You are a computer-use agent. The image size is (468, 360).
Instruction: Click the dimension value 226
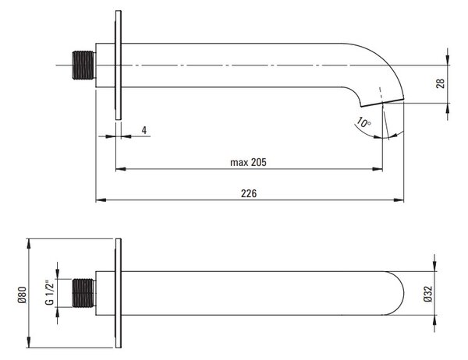(249, 193)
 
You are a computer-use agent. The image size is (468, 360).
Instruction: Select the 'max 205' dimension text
(248, 162)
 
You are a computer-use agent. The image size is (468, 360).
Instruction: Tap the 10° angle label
(363, 122)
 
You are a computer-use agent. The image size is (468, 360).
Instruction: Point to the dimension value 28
(440, 83)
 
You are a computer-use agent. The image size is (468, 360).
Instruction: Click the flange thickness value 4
(144, 130)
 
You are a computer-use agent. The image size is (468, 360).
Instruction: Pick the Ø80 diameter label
(23, 295)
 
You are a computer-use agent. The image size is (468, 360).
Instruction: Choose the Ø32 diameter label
(428, 294)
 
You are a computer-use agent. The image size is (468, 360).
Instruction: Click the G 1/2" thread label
(50, 292)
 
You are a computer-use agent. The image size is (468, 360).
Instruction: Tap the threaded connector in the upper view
(83, 65)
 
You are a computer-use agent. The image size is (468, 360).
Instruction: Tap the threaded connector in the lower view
(83, 293)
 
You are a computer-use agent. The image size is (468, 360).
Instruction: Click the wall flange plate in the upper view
(119, 65)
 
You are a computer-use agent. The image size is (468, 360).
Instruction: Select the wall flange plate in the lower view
(119, 293)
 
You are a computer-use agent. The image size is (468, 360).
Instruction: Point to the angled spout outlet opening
(382, 102)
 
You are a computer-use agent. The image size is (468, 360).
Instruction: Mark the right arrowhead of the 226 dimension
(399, 199)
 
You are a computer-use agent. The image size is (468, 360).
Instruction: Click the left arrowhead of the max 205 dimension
(120, 169)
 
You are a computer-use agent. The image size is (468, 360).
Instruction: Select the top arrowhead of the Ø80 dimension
(29, 243)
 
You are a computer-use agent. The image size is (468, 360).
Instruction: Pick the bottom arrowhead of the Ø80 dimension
(29, 343)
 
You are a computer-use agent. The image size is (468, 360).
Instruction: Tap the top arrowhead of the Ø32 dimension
(434, 266)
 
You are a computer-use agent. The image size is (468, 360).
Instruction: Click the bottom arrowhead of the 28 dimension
(448, 108)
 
